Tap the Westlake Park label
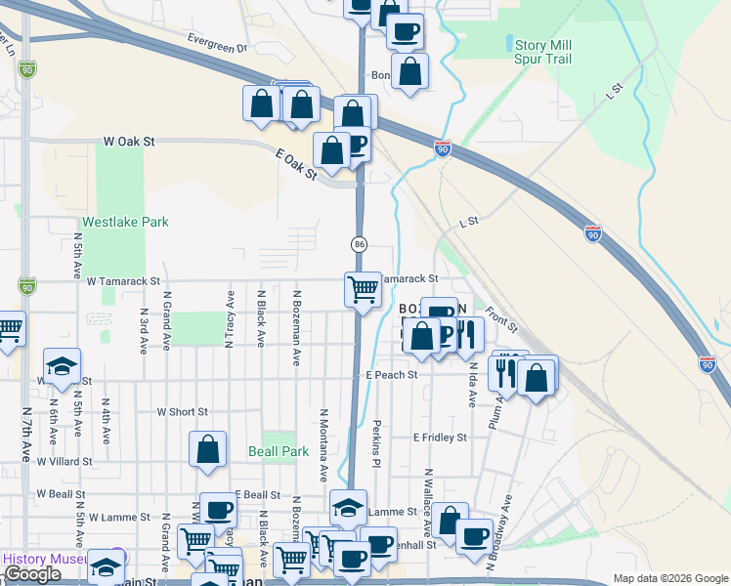[125, 222]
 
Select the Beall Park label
[279, 451]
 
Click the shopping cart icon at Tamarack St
[363, 289]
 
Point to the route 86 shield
[360, 243]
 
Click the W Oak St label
[129, 142]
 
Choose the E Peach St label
[392, 374]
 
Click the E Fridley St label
[440, 438]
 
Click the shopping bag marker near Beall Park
[208, 449]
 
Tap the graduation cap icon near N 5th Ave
[63, 366]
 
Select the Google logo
[32, 574]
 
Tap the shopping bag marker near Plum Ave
[537, 377]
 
